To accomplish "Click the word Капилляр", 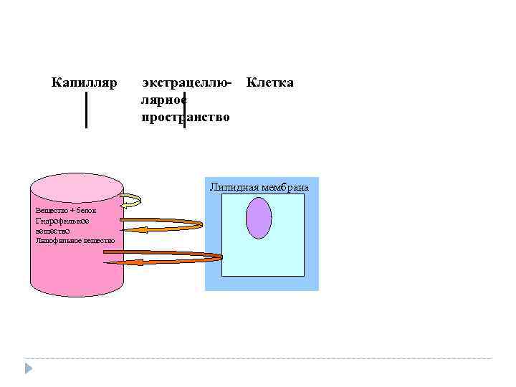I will (84, 83).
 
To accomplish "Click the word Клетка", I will (269, 83).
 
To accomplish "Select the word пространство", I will (186, 117).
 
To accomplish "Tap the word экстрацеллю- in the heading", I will (187, 84).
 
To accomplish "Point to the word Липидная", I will (234, 188).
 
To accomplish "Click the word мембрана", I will (285, 188).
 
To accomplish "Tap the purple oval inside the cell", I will (259, 218).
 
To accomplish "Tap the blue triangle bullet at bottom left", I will (29, 368).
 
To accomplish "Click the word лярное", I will (164, 100).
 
